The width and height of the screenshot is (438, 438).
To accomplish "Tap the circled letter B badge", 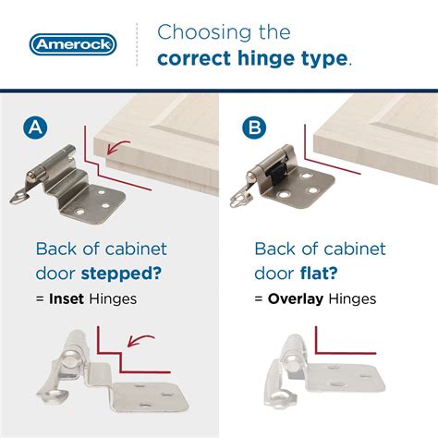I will [x=251, y=127].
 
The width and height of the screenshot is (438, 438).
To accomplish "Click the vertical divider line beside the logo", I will [x=137, y=43].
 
